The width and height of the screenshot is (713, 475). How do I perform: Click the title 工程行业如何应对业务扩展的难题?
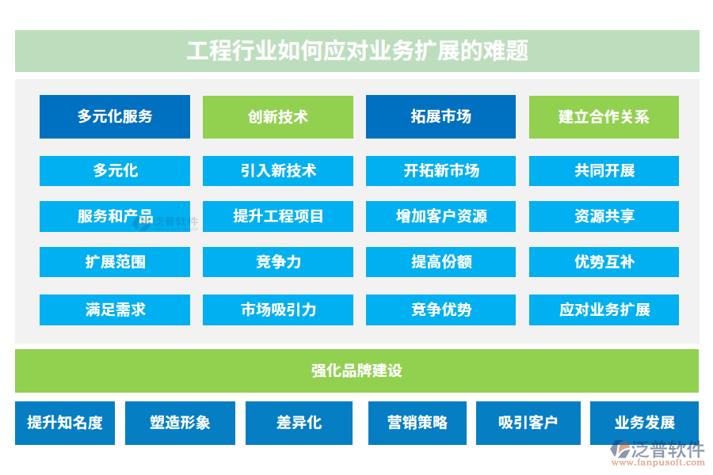pos(357,51)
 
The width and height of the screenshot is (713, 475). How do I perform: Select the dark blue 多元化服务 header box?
pos(115,117)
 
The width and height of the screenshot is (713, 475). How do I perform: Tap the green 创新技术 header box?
pos(278,117)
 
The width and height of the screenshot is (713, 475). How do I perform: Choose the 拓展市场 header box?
pos(440,117)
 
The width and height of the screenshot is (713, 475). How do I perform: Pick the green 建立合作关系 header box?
pos(604,117)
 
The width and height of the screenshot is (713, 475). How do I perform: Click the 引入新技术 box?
pos(278,171)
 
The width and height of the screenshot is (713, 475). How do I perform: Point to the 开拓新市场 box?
pos(440,171)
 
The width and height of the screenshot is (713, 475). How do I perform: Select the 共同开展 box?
pos(604,171)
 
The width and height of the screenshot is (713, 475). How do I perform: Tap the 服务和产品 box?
pos(115,216)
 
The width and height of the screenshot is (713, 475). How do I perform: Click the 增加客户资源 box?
pos(440,216)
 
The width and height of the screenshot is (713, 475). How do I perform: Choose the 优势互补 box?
pos(604,262)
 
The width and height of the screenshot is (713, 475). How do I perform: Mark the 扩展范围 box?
pos(115,262)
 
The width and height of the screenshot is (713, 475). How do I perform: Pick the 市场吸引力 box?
pos(278,310)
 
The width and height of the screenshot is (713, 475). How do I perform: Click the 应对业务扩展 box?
pos(604,310)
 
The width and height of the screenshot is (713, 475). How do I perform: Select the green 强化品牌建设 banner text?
pos(357,370)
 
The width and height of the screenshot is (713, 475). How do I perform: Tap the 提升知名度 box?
pos(65,423)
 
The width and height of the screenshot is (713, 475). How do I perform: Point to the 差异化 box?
pos(299,423)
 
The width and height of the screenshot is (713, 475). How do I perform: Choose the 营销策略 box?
pos(418,423)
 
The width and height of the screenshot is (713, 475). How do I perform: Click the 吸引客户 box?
pos(528,423)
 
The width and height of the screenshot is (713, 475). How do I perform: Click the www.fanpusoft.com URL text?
pos(658,462)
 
